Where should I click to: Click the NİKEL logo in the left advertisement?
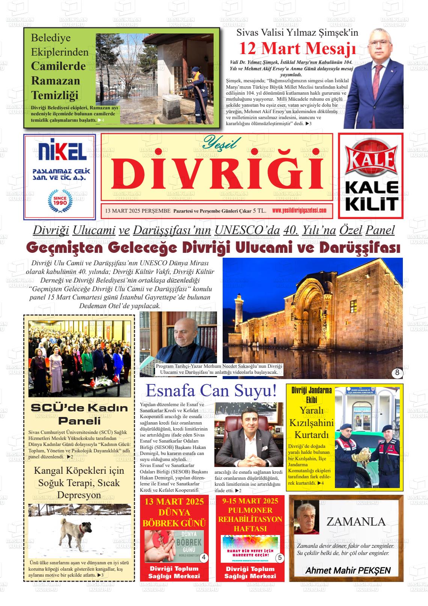click(59, 152)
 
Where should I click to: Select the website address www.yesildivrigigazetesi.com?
click(299, 210)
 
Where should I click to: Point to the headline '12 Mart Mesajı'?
click(297, 48)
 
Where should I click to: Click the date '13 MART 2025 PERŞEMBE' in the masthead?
click(138, 211)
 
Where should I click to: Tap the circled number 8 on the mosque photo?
click(397, 373)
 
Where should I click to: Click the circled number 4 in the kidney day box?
click(203, 558)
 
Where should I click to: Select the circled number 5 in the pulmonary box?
click(280, 558)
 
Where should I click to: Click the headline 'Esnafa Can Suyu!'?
click(211, 391)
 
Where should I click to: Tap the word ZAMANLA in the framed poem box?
click(356, 521)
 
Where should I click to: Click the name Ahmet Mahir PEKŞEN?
click(348, 570)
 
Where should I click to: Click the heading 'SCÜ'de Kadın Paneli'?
click(79, 414)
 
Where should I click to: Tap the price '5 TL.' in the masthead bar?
click(260, 211)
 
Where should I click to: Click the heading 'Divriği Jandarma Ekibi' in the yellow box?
click(311, 394)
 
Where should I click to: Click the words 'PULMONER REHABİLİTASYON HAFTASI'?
click(250, 519)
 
